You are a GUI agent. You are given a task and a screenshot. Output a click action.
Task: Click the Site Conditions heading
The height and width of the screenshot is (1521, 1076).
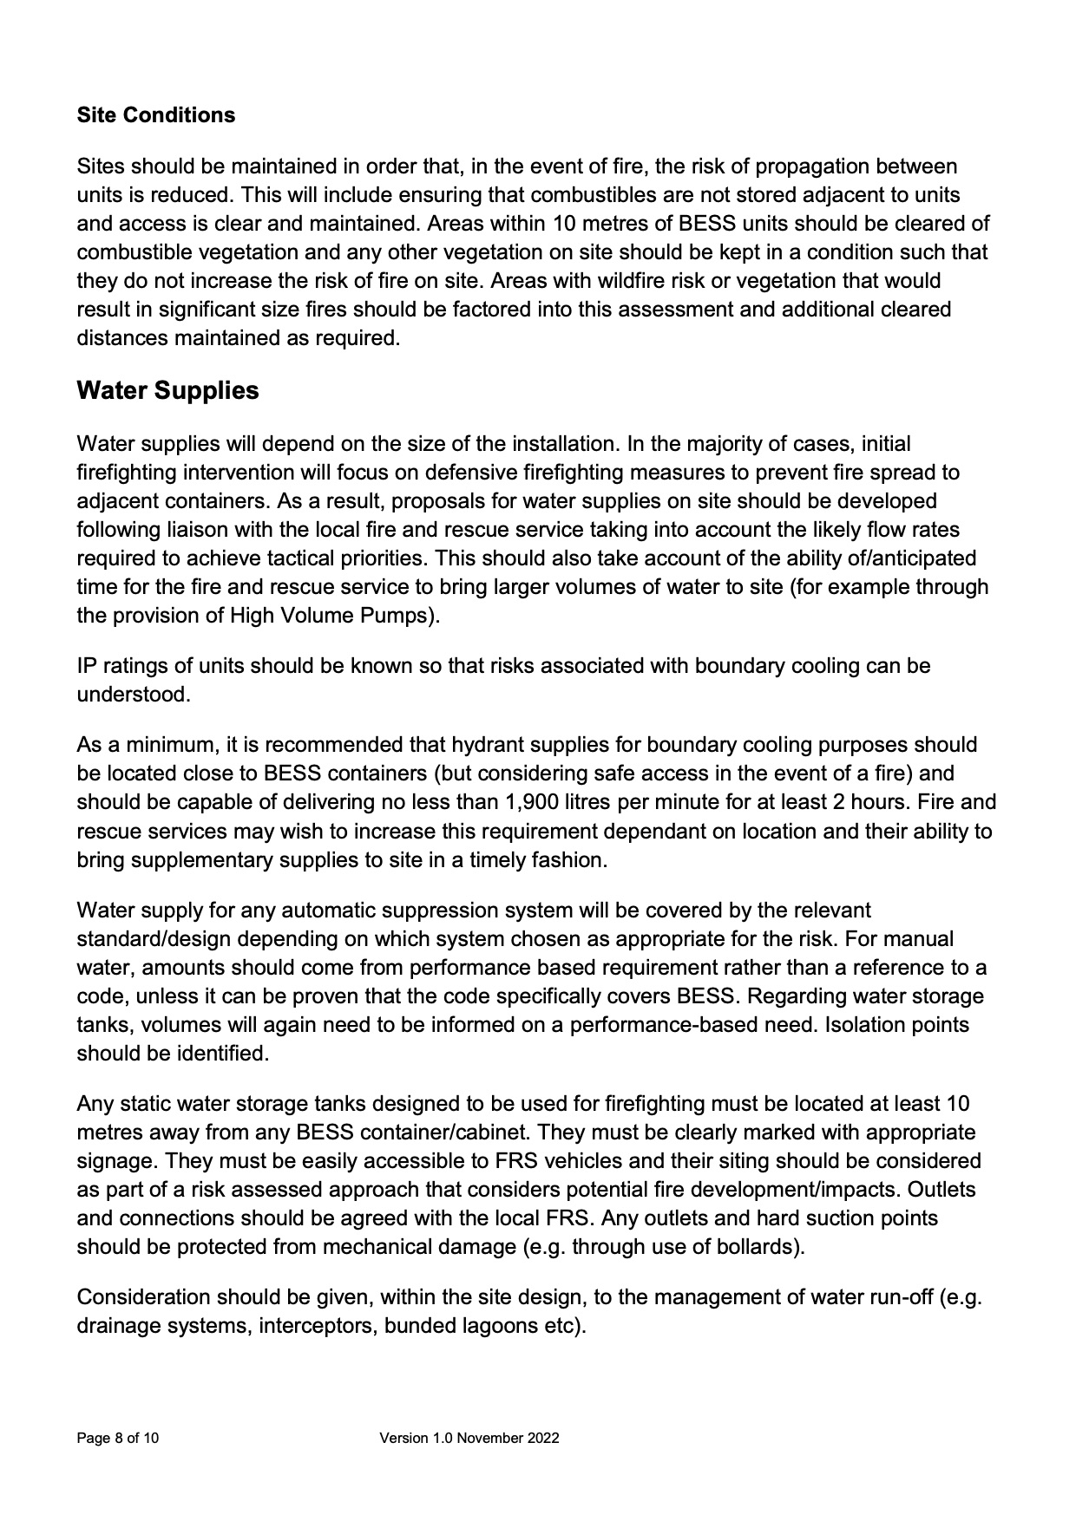(x=155, y=115)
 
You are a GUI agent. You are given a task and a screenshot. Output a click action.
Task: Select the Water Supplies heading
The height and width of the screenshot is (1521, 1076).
(x=167, y=390)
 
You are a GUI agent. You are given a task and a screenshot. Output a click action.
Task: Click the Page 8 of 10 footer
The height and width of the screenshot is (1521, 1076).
(x=118, y=1439)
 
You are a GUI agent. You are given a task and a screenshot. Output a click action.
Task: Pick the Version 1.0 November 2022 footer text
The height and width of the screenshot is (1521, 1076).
(x=469, y=1439)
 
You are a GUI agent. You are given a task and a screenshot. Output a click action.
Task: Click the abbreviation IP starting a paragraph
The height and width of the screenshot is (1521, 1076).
(x=87, y=666)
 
